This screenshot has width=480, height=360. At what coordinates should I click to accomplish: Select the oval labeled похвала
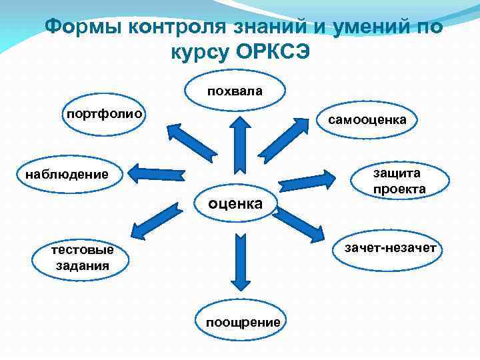(235, 90)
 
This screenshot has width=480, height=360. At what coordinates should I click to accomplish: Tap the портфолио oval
(103, 114)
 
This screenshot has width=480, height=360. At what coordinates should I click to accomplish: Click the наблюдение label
(66, 175)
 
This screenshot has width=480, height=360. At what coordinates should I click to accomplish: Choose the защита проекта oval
(399, 181)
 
